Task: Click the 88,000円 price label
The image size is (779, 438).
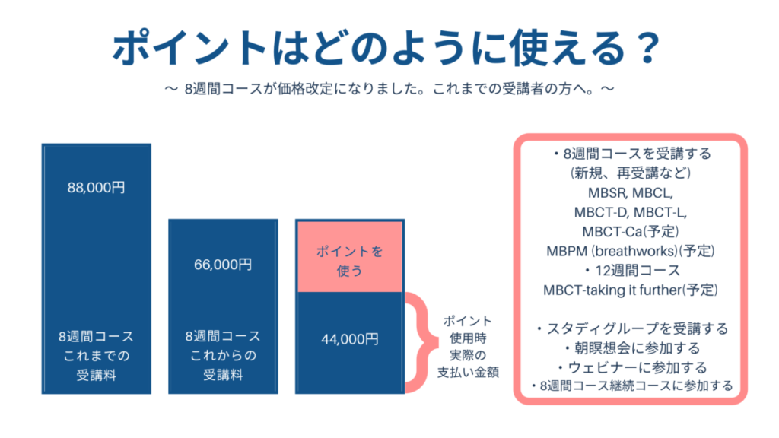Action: (97, 188)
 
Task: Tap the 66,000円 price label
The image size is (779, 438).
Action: (223, 265)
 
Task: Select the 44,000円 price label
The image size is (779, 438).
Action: (350, 339)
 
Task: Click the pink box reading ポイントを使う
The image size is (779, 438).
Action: (350, 257)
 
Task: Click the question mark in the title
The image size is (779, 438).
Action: (647, 48)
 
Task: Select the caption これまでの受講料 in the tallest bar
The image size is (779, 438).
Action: (97, 365)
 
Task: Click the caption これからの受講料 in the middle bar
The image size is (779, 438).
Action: (223, 365)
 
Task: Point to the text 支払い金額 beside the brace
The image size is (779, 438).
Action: (468, 373)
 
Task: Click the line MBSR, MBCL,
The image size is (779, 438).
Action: (631, 192)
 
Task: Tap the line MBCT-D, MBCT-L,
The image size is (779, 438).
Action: (631, 213)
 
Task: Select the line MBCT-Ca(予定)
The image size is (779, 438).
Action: (631, 232)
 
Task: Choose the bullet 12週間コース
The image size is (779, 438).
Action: (631, 271)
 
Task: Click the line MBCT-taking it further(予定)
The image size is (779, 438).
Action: (631, 290)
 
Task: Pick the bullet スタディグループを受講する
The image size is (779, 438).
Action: (631, 328)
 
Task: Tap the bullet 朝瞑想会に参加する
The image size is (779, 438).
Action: (632, 348)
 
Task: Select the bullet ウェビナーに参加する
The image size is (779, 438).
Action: (631, 367)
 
